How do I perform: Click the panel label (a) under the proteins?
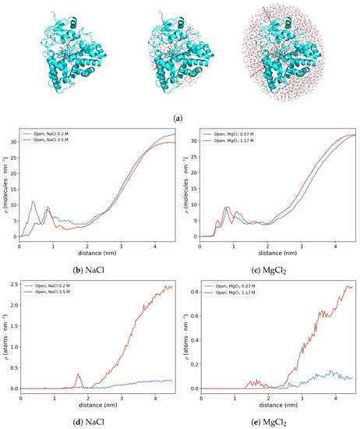(180, 117)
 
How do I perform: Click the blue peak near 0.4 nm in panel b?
(34, 203)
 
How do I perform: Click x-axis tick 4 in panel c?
(336, 242)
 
